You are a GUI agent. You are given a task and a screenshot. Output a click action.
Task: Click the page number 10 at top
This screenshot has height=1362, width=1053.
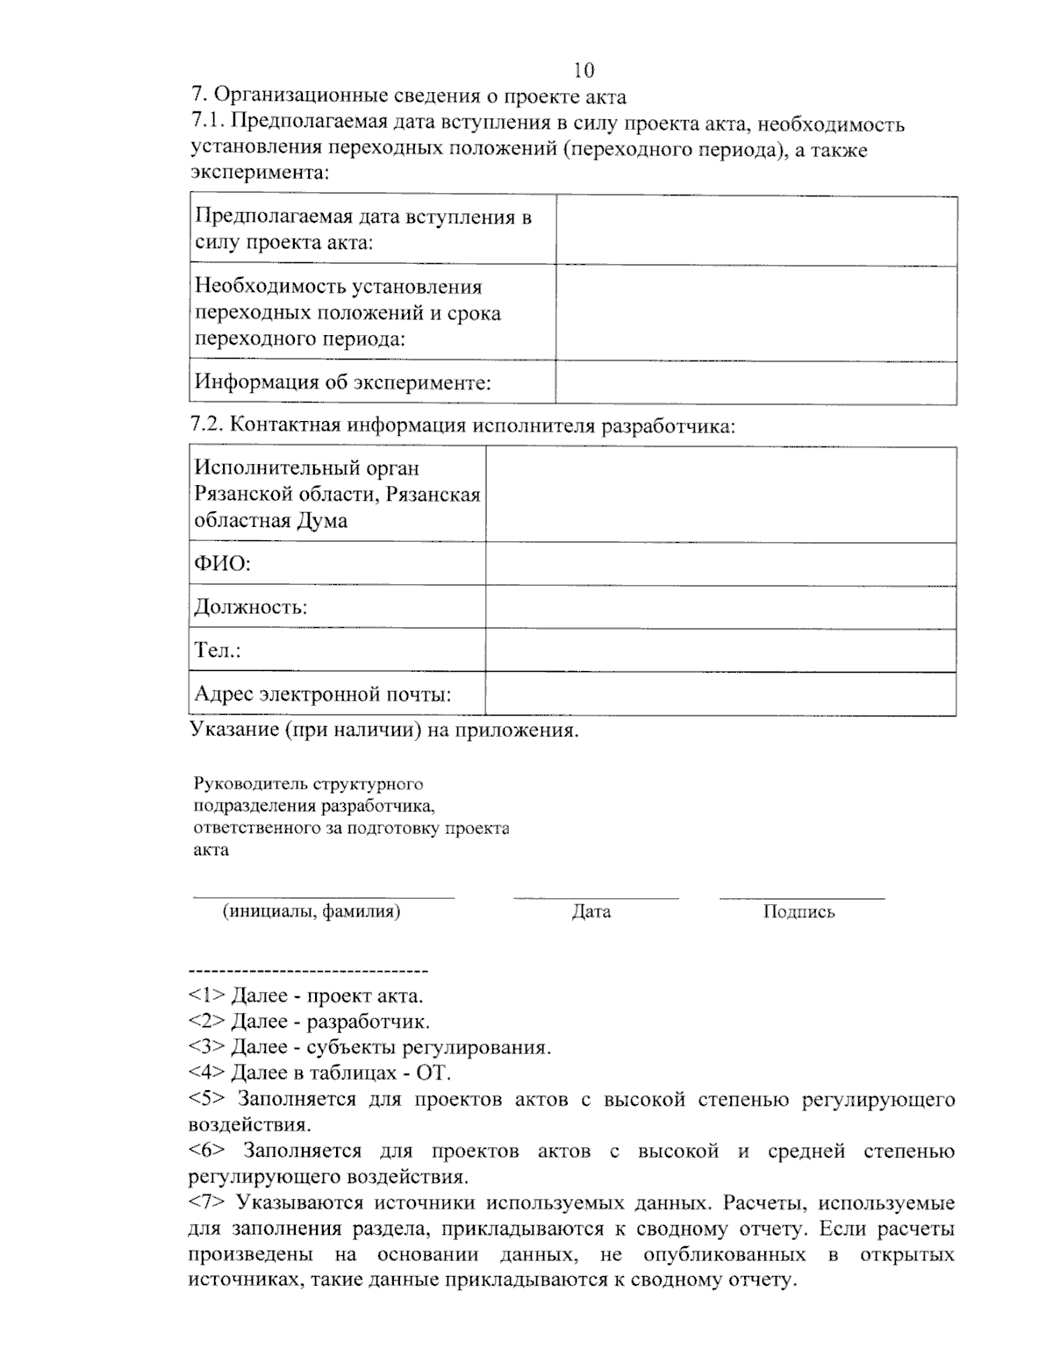coord(584,69)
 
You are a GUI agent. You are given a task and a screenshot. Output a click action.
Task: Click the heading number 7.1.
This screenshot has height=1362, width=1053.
coord(208,124)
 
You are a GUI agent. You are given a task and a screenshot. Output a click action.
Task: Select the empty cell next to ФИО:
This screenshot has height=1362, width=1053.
coord(720,563)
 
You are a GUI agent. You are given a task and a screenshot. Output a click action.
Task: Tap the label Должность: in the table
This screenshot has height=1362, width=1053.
coord(250,607)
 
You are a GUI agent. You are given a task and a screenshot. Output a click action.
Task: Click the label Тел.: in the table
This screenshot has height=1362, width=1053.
coord(218,651)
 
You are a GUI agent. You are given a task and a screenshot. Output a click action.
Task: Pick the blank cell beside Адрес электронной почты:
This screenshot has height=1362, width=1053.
coord(720,695)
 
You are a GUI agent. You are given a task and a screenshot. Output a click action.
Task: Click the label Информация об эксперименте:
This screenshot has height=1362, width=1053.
coord(343,382)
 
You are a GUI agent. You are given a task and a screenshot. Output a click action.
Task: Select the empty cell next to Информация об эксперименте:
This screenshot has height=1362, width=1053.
coord(756,382)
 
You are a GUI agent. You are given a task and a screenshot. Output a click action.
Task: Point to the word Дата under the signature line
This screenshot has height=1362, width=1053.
coord(591,912)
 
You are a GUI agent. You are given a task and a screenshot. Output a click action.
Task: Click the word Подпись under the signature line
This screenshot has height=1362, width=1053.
coord(799,912)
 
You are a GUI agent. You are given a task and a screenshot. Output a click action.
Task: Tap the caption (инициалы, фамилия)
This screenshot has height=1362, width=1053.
coord(312,911)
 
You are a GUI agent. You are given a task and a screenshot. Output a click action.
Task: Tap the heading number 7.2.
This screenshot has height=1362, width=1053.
coord(208,426)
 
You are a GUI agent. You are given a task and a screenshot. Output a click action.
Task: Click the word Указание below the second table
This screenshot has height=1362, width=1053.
coord(233,730)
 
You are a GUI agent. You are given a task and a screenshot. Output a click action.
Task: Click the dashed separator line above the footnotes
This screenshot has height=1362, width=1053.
coord(308,972)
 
